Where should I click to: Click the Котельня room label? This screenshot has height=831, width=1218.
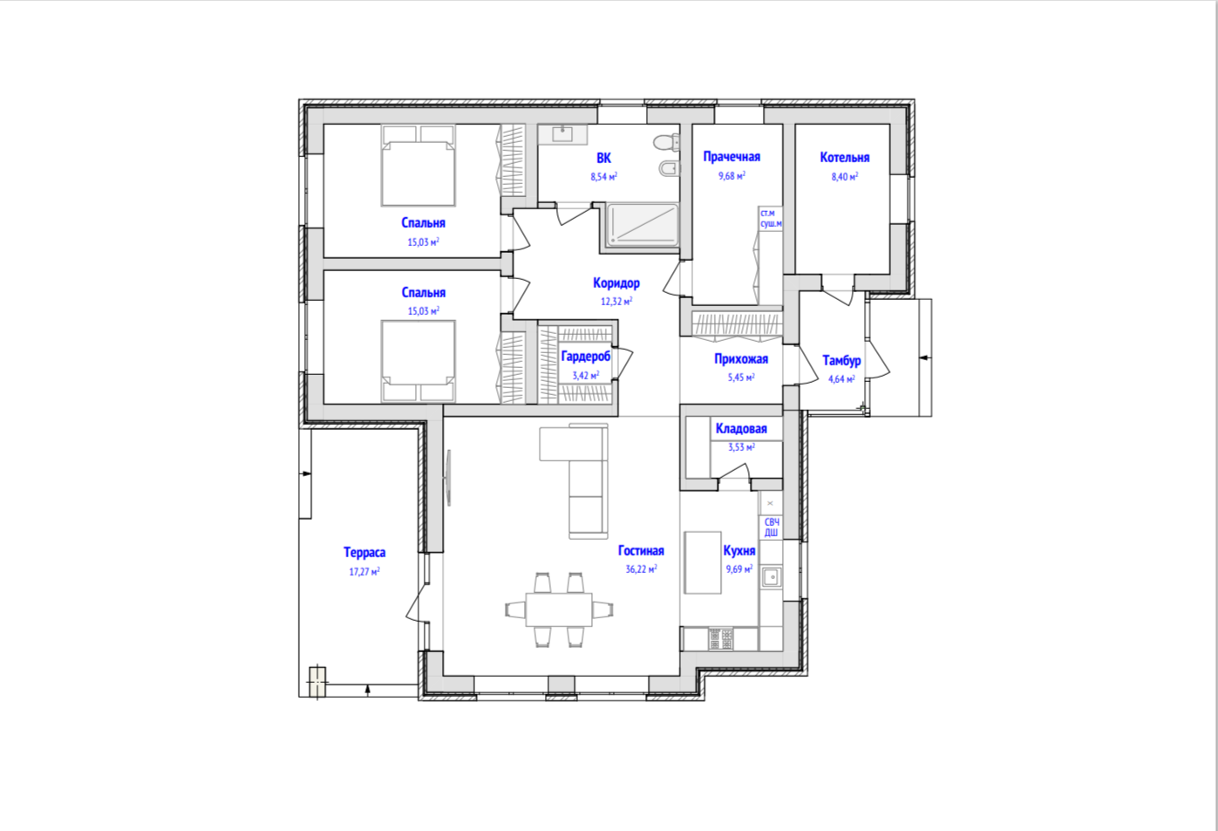tap(845, 158)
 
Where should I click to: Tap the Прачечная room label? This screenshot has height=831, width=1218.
tap(731, 157)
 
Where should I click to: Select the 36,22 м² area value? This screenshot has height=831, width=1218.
tap(641, 569)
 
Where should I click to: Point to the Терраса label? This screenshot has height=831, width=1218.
tap(364, 553)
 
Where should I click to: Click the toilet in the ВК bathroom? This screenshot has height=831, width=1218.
tap(667, 143)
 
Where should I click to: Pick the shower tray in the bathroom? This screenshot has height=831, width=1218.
tap(643, 225)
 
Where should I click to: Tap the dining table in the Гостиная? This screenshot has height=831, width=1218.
tap(558, 610)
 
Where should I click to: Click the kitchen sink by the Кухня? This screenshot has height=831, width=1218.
tap(771, 576)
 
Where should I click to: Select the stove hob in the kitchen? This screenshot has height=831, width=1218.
tap(720, 639)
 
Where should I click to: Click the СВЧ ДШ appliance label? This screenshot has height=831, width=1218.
tap(771, 528)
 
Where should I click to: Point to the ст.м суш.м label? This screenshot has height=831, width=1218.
tap(771, 218)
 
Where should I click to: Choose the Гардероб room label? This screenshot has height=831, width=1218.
tap(586, 357)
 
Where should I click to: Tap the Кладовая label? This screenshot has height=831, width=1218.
tap(741, 429)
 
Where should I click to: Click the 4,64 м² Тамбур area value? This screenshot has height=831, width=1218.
tap(841, 379)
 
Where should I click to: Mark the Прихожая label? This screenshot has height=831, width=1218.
tap(741, 359)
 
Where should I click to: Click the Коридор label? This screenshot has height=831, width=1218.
tap(616, 283)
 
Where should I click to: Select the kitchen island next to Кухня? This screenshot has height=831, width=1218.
tap(703, 562)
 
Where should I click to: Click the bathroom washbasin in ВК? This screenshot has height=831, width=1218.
tap(562, 133)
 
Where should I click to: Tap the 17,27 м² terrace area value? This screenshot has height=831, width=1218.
tap(364, 571)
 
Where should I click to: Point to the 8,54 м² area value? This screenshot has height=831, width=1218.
tap(603, 177)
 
